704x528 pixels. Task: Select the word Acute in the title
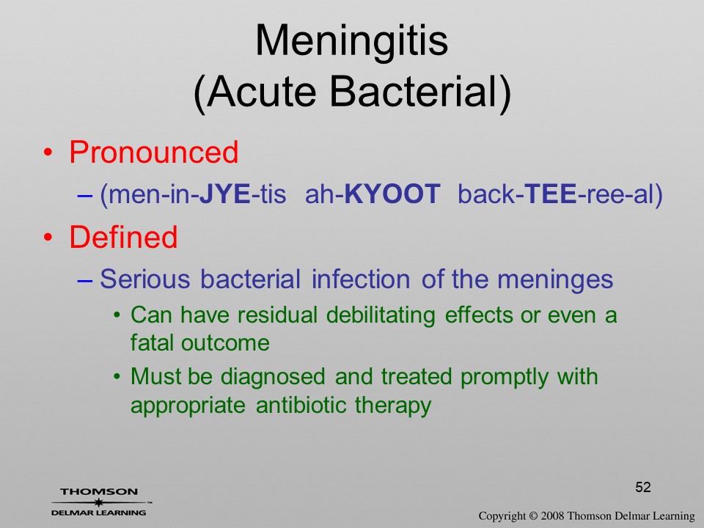[261, 92]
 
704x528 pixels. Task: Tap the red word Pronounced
[153, 152]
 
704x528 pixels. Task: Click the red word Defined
[123, 237]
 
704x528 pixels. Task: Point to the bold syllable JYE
[224, 194]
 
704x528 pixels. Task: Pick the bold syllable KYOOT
[392, 194]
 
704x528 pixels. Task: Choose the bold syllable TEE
[550, 194]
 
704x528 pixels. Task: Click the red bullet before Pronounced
[48, 153]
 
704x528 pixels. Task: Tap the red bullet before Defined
[48, 238]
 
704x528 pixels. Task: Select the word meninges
[555, 279]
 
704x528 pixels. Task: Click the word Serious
[145, 279]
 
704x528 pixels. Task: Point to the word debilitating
[381, 315]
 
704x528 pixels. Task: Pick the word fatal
[151, 342]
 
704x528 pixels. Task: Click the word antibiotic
[301, 405]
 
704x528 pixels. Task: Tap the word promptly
[505, 377]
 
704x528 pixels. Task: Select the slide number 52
[643, 487]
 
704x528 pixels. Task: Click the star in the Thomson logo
[99, 502]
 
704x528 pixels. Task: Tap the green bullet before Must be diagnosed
[117, 376]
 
